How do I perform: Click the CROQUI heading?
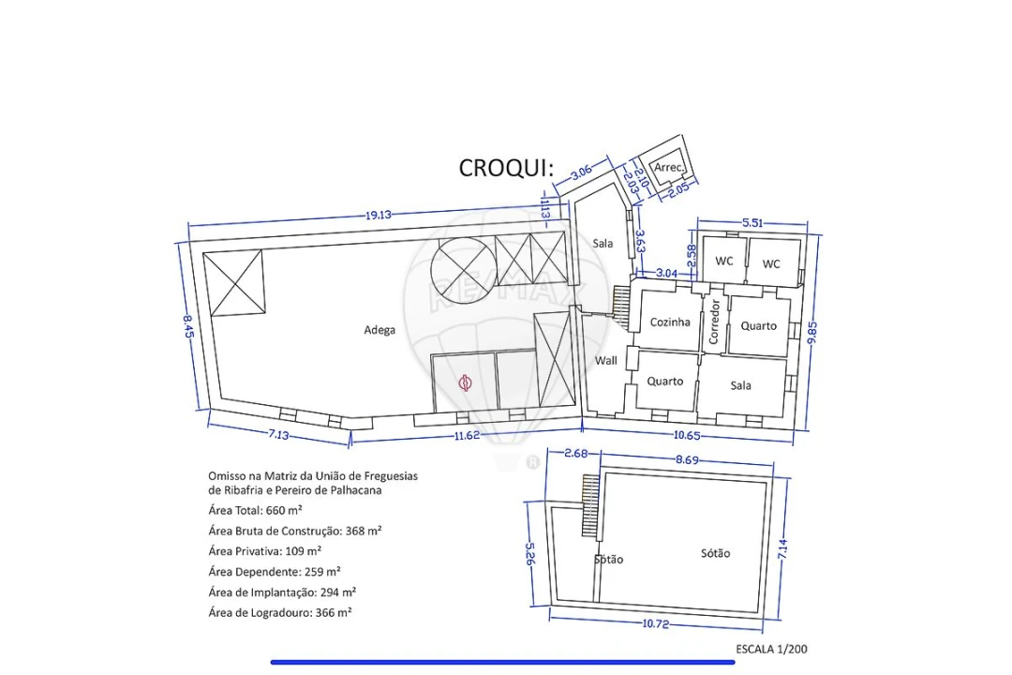click(506, 168)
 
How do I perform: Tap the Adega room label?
click(379, 330)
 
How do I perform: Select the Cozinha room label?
click(670, 322)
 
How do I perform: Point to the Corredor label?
click(714, 321)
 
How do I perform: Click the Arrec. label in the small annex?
click(669, 167)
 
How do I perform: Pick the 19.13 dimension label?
click(379, 215)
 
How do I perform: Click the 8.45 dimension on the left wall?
click(187, 326)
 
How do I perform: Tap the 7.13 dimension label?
click(279, 435)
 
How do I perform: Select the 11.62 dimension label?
click(467, 435)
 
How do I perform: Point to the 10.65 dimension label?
click(687, 435)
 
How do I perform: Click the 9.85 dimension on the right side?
click(811, 333)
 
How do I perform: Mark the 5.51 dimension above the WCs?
click(752, 223)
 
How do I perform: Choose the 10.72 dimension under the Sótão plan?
click(656, 624)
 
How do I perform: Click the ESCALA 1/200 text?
click(771, 649)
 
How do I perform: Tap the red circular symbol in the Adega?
click(465, 383)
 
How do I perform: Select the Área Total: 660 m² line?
click(256, 510)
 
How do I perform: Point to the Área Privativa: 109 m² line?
click(264, 551)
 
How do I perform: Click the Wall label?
click(605, 360)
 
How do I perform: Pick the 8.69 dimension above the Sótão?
click(687, 460)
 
